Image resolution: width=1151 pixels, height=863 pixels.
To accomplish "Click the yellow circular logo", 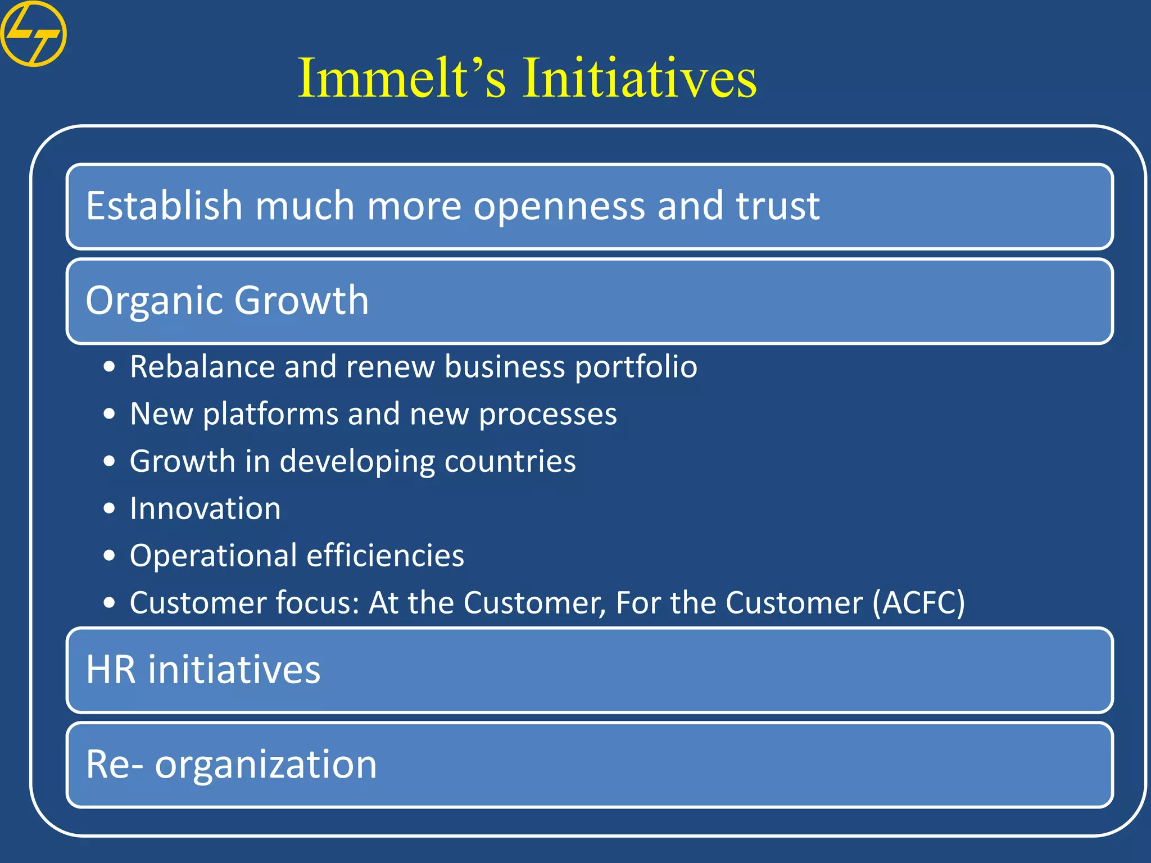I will pos(33,34).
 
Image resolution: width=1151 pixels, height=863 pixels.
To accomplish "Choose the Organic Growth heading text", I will pos(227,301).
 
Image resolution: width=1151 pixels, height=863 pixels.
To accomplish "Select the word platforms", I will pos(270,415).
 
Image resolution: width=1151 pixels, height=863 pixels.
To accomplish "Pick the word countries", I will pos(510,462).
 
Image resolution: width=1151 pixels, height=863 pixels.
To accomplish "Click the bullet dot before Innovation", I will pos(110,509).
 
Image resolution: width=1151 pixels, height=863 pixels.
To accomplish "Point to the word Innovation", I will pos(205,509).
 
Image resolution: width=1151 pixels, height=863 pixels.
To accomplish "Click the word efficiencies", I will pos(385,556).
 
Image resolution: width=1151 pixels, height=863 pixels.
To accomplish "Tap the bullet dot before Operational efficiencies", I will pos(110,556).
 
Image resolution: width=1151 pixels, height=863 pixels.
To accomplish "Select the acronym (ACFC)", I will pos(918,603).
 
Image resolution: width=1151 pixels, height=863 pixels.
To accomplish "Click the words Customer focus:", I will pos(244,603).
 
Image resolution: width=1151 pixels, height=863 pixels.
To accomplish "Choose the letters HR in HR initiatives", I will pos(111,670).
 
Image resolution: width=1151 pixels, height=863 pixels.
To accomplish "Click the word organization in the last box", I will pos(265,765).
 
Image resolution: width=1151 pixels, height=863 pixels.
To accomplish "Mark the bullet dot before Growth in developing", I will pos(110,462).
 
